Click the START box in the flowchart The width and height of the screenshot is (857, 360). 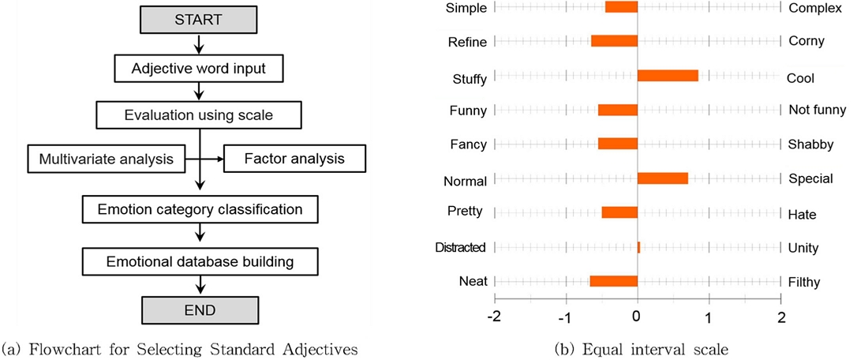(199, 19)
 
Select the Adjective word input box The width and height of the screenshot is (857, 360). (199, 68)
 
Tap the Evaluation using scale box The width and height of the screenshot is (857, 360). (199, 114)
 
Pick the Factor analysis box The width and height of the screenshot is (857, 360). (295, 159)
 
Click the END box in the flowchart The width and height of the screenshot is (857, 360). (199, 308)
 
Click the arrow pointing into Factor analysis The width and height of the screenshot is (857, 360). (213, 159)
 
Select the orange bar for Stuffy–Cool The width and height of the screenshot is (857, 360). (668, 76)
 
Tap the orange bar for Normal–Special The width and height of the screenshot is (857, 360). (662, 178)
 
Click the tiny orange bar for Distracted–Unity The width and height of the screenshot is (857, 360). (638, 247)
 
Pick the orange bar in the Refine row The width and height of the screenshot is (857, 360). (614, 41)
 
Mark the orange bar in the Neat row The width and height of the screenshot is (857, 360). (613, 281)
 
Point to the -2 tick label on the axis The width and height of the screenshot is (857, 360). (493, 317)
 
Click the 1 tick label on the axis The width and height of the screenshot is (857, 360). (709, 317)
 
